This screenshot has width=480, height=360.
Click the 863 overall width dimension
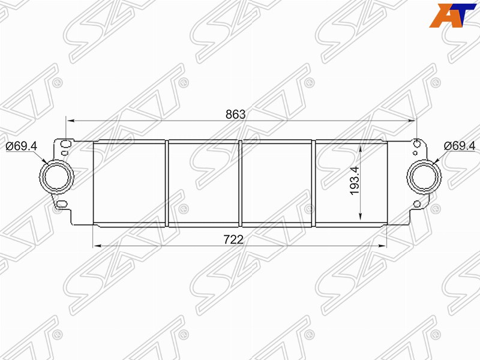[x=235, y=114]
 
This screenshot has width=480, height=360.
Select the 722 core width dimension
[x=233, y=239]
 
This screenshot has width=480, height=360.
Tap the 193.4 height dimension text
[x=355, y=181]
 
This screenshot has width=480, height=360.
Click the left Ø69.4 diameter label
[x=21, y=146]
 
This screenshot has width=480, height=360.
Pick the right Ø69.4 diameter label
[x=460, y=146]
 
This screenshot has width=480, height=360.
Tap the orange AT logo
[x=452, y=16]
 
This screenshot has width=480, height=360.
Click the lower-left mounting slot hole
[x=62, y=203]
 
